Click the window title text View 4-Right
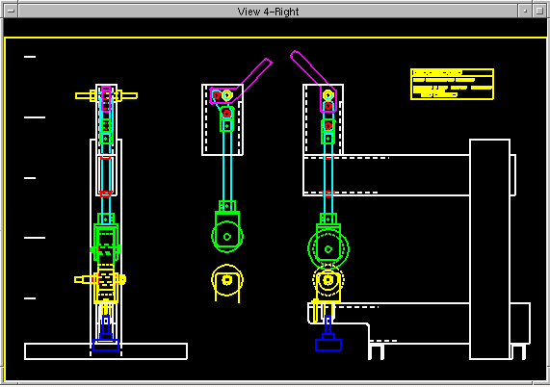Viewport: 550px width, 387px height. (x=275, y=12)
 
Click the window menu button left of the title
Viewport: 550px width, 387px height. (x=10, y=12)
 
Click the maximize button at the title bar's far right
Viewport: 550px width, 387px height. (x=540, y=12)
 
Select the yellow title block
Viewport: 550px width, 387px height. (x=452, y=84)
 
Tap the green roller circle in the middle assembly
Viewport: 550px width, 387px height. (x=226, y=234)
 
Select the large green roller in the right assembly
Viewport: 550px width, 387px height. (x=328, y=247)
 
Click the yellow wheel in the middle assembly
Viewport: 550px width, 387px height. (x=227, y=280)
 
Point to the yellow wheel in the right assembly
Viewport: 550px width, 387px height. (x=328, y=280)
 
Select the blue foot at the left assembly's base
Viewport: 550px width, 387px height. (x=105, y=342)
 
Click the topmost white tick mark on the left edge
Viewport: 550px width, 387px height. (x=30, y=57)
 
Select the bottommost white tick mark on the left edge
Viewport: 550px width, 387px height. (x=30, y=298)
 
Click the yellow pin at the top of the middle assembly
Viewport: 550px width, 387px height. (x=227, y=95)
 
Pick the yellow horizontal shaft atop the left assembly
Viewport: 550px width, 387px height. (x=106, y=95)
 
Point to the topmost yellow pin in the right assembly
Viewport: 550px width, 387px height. (x=328, y=95)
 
